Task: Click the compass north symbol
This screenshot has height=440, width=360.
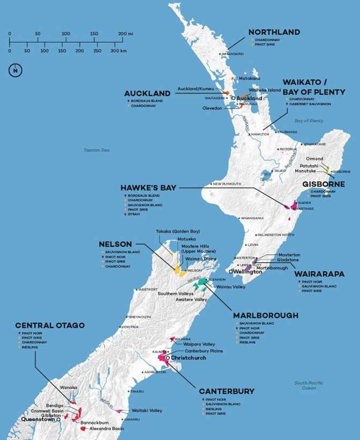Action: [x=16, y=70]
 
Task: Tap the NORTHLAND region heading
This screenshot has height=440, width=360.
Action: [x=274, y=33]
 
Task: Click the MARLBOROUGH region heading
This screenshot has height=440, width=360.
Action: [x=266, y=315]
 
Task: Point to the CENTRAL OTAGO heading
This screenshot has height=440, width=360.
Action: [x=50, y=325]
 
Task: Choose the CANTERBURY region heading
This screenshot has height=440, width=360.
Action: [x=227, y=391]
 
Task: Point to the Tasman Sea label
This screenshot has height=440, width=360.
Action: [x=96, y=150]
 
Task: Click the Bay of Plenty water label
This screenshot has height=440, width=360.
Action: [x=309, y=121]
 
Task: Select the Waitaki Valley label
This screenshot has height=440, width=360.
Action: [x=146, y=410]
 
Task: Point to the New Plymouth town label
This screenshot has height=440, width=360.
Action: [x=227, y=184]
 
